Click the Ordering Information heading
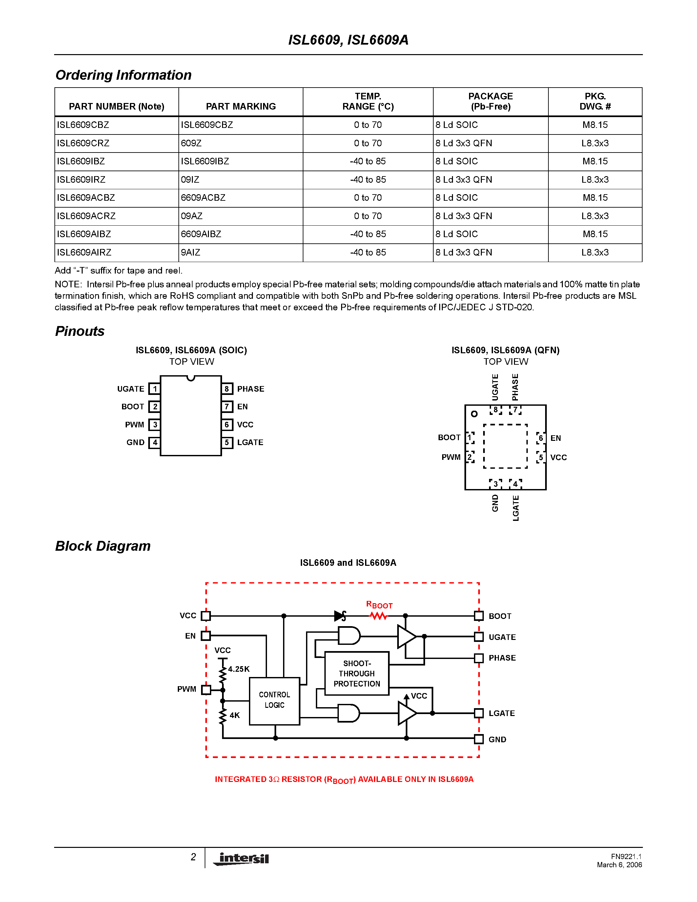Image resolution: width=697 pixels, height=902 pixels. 123,75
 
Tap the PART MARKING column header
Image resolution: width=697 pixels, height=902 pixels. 241,107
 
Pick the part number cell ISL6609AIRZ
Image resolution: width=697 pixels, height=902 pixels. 84,252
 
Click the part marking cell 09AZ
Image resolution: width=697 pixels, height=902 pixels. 192,216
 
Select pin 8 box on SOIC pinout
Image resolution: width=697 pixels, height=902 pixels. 227,389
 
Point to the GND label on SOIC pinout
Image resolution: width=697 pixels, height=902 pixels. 135,442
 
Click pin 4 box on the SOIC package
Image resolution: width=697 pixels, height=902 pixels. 155,442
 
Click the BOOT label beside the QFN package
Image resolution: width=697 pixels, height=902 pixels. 449,437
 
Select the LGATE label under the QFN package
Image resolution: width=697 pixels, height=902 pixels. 515,508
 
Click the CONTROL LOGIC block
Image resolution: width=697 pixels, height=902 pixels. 274,701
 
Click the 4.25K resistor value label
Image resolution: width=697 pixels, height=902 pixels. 239,669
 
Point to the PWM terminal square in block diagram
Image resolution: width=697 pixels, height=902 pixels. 206,689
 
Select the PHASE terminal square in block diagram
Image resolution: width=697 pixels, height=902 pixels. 479,658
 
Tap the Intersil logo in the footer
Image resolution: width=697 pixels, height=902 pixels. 242,858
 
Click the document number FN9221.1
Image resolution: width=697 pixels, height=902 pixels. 626,856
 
